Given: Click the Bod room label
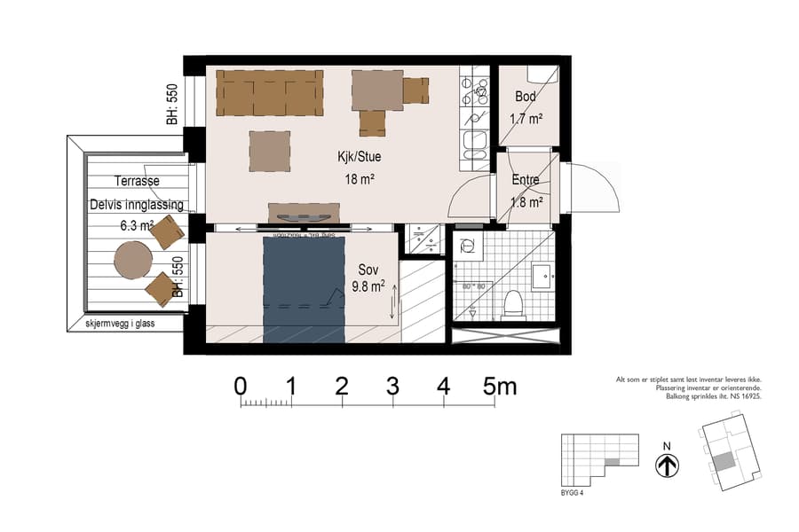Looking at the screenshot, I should point(526,96).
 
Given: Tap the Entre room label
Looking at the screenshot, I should point(526,180).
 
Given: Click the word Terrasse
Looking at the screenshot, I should point(137,181).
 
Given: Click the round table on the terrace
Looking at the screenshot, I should point(133,260).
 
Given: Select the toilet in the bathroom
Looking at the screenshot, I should point(512,305).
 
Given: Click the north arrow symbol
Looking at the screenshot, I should point(667,465).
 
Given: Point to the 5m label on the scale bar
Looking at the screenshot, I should point(500,387).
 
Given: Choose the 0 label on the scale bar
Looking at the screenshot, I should point(241,387).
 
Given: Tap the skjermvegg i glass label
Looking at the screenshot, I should point(120,324).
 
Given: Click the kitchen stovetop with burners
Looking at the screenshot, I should point(475,90).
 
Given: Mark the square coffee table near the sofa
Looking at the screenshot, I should point(270,150).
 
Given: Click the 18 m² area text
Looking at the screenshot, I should point(360,179).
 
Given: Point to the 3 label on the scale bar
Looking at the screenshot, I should point(392,387).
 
